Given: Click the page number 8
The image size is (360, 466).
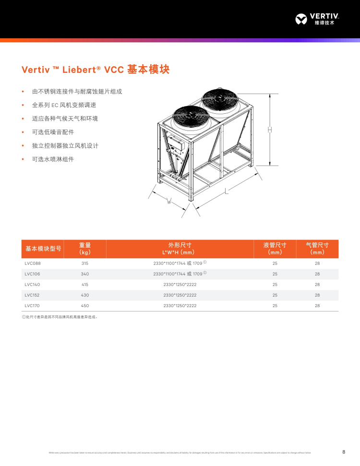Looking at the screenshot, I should click(x=344, y=452).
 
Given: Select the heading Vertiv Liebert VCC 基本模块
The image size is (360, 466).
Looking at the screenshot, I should click(x=96, y=70).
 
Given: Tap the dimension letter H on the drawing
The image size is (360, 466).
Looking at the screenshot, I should click(x=270, y=130).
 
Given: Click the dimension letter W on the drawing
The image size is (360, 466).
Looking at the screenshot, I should click(x=169, y=201).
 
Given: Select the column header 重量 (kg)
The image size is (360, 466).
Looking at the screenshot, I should click(x=85, y=249).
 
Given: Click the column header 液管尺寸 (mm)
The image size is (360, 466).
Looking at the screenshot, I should click(x=275, y=249).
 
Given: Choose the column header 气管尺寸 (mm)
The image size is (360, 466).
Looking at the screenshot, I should click(x=317, y=249).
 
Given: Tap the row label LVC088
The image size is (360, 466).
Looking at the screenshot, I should click(x=33, y=263).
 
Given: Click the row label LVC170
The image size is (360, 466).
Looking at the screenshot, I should click(x=33, y=306).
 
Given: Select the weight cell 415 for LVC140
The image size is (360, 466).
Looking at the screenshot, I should click(x=85, y=285).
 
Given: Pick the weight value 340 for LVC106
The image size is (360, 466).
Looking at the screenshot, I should click(x=85, y=274).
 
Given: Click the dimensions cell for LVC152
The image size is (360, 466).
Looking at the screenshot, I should click(x=180, y=295).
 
